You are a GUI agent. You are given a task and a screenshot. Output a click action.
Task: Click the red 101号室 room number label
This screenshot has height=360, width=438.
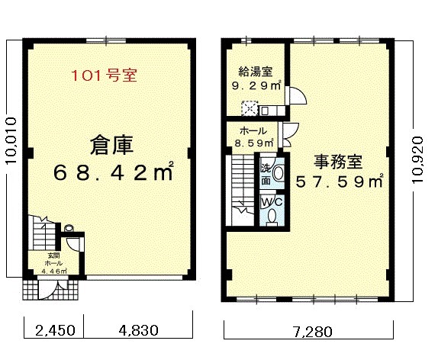105,76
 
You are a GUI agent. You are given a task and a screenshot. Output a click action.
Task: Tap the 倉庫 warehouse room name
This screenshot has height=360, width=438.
111,145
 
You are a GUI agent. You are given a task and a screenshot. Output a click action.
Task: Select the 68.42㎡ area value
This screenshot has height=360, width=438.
114,172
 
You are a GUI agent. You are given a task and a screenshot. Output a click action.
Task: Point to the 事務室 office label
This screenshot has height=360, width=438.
338,162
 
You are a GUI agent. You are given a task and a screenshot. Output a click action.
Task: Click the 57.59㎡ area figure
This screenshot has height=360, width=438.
339,182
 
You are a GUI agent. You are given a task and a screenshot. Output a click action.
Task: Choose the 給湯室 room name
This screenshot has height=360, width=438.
256,72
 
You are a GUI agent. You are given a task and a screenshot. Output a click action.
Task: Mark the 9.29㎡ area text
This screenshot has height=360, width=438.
256,85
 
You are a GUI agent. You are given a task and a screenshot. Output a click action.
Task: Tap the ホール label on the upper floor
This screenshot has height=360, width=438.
253,130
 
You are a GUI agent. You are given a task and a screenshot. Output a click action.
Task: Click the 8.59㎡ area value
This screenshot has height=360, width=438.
253,143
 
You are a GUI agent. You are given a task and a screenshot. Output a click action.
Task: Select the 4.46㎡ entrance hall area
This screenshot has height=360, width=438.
53,271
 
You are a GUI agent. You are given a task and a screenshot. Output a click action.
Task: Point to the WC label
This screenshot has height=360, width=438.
272,202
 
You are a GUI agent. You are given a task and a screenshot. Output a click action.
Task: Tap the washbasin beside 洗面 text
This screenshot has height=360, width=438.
278,173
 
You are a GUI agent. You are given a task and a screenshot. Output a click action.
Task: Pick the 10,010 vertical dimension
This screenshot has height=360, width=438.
11,141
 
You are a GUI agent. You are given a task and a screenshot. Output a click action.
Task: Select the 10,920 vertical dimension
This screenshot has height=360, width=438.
419,159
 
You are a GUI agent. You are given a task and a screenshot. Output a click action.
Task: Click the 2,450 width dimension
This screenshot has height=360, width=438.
56,330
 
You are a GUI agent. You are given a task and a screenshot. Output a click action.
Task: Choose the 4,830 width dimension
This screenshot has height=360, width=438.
139,330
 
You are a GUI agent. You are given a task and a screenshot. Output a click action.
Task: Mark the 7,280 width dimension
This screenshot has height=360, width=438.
313,332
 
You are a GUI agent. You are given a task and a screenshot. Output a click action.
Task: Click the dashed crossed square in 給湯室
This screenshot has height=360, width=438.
249,108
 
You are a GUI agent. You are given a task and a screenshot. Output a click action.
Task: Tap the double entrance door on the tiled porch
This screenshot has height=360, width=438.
53,290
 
